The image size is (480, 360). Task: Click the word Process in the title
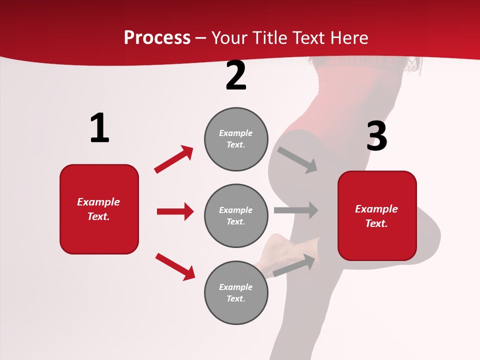157,38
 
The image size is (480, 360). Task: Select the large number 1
99,128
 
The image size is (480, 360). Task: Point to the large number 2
236,76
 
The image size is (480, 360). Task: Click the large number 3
376,136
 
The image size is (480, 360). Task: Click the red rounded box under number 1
99,209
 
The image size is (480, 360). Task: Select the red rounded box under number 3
377,216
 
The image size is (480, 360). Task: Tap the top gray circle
236,139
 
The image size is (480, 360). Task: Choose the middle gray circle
236,215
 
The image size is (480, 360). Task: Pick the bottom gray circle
236,292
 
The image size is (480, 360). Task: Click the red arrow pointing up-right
174,159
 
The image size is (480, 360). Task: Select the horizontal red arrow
175,211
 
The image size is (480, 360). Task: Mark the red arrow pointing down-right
175,266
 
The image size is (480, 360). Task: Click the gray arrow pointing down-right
297,159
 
